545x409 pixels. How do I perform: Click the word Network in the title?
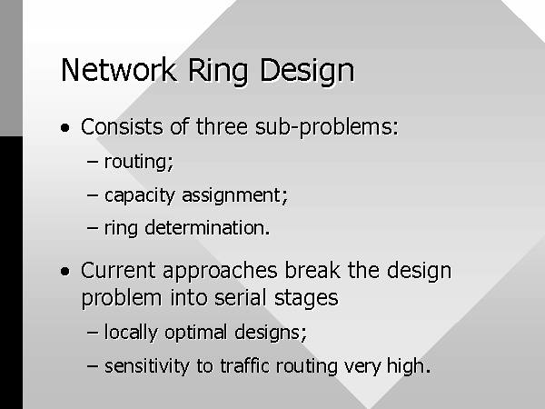click(118, 70)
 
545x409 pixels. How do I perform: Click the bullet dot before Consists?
click(65, 127)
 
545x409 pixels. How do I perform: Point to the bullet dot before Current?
click(65, 271)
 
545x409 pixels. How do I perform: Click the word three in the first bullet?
click(222, 126)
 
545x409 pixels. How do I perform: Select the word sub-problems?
click(327, 128)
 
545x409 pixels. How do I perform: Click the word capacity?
click(139, 196)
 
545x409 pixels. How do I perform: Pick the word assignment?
click(235, 196)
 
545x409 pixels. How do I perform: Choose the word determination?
click(207, 228)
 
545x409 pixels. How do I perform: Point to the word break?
click(312, 270)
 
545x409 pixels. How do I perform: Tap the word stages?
click(306, 300)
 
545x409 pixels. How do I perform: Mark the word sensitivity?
click(147, 367)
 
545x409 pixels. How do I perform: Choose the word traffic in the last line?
click(244, 366)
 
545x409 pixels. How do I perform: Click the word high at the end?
click(409, 367)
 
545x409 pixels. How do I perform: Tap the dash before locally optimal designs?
click(92, 333)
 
